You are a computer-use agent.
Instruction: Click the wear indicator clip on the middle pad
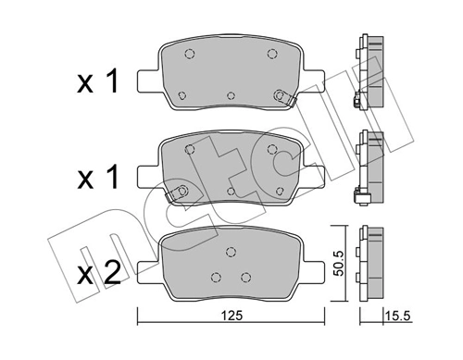pyautogui.click(x=172, y=194)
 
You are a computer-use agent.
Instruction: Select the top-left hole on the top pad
pyautogui.click(x=188, y=54)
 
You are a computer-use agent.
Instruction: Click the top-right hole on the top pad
pyautogui.click(x=272, y=54)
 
